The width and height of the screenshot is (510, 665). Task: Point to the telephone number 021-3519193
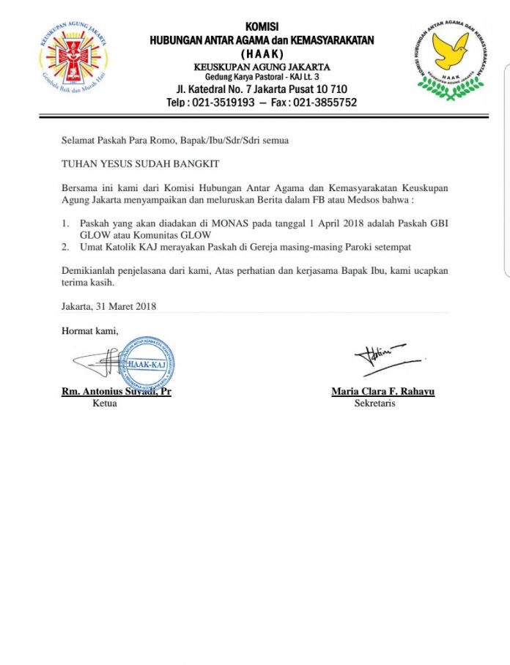[223, 103]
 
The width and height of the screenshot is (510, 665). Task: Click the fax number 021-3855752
[325, 103]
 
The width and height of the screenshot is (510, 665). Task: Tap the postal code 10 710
[318, 89]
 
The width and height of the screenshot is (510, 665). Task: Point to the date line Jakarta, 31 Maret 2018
[108, 306]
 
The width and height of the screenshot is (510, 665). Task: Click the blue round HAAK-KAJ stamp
[147, 363]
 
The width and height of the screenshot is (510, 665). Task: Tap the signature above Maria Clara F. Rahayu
[385, 357]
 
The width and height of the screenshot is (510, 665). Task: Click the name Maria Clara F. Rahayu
[382, 392]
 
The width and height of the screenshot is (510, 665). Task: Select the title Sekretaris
[374, 404]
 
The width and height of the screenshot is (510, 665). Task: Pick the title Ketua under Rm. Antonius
[105, 404]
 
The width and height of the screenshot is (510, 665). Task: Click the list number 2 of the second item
[64, 248]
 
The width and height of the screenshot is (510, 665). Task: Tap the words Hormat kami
[89, 331]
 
